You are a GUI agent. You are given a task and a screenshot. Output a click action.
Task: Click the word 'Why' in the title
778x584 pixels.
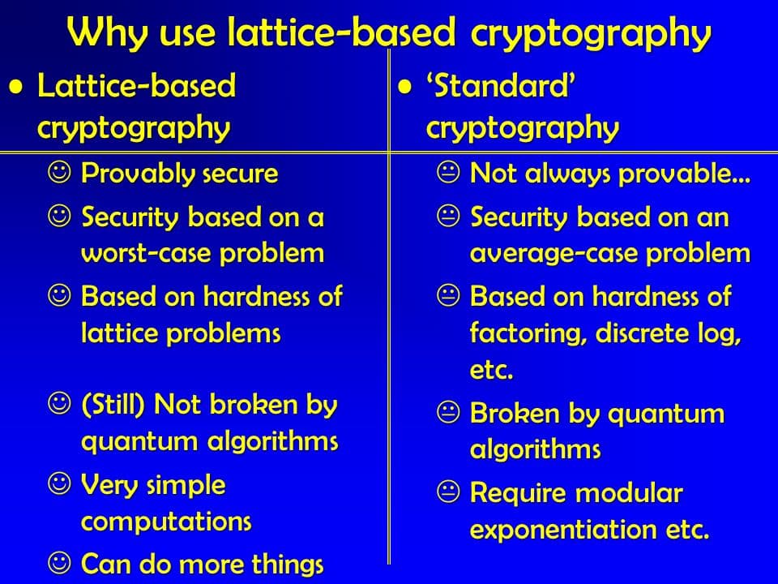point(107,32)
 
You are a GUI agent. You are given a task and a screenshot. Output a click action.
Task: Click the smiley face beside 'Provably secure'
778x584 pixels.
point(59,173)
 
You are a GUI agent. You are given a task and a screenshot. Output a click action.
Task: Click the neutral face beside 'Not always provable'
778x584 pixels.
point(448,173)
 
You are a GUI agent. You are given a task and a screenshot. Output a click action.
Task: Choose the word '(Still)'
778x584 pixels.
point(113,404)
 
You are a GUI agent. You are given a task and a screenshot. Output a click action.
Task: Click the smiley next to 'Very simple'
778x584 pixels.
point(59,483)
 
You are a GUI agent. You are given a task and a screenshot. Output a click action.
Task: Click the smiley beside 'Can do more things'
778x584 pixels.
point(59,563)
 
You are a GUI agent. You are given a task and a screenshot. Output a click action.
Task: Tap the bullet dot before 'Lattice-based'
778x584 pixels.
point(16,88)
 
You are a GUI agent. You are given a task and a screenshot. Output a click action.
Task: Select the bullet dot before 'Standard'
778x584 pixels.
point(405,88)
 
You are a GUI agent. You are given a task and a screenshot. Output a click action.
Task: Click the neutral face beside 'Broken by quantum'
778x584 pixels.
point(448,412)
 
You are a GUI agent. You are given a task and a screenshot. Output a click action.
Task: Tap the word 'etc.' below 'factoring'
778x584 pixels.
point(491,370)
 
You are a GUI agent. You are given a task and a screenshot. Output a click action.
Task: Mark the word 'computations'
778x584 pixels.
point(166,522)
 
